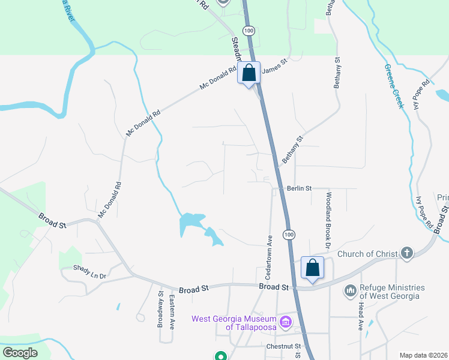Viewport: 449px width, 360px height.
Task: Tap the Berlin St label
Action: [300, 188]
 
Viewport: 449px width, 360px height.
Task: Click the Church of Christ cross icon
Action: [407, 253]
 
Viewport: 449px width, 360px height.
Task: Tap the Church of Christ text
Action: [367, 254]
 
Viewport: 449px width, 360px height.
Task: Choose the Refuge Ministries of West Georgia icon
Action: [350, 291]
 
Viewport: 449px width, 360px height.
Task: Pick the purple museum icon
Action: [285, 323]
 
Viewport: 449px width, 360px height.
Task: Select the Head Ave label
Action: [361, 316]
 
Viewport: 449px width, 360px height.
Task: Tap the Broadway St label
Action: [160, 308]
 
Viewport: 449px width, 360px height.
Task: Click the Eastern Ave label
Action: [172, 312]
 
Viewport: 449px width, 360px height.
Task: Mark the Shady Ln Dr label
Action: [89, 272]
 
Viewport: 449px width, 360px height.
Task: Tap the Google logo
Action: [20, 353]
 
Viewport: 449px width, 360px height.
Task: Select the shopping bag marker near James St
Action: [250, 74]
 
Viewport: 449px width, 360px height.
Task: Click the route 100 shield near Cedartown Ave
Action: [289, 233]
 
